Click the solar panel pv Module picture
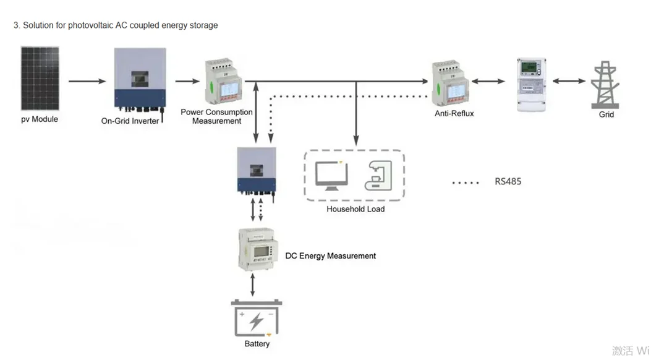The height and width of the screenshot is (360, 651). (40, 79)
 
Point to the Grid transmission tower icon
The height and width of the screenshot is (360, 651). (605, 85)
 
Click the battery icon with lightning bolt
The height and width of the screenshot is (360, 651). (257, 319)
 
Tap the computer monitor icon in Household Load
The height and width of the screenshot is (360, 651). (331, 174)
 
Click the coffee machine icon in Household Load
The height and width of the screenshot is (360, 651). (378, 175)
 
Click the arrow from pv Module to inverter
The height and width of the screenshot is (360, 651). (87, 81)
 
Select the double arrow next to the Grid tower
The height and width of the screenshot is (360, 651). (569, 81)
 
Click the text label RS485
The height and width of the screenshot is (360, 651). (508, 182)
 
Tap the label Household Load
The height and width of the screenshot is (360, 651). (355, 209)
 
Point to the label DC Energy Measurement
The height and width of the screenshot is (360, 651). (330, 255)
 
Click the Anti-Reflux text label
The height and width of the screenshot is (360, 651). (454, 114)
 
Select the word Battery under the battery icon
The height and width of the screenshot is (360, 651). (257, 344)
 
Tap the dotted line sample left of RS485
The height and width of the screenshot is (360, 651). (466, 182)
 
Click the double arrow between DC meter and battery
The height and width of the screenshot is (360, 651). (252, 285)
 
